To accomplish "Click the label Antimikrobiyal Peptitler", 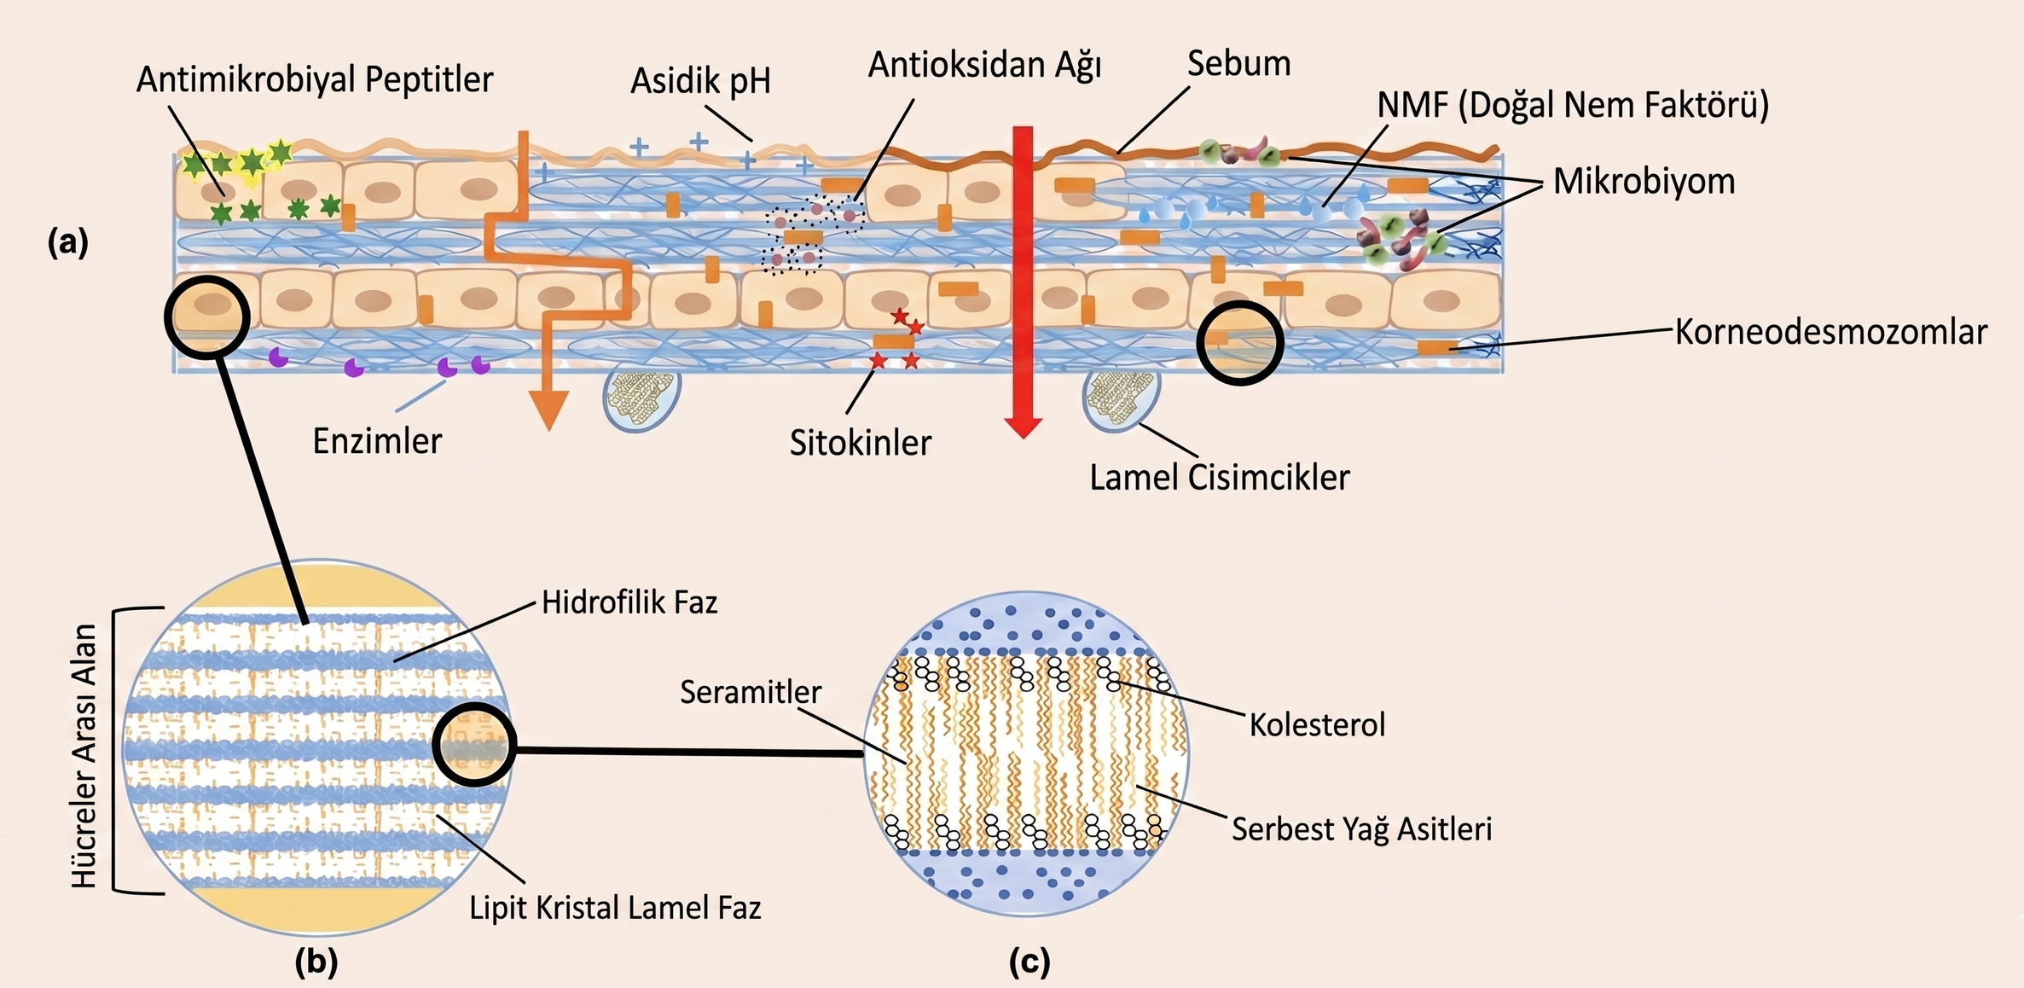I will pos(314,80).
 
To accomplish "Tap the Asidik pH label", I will pos(700,82).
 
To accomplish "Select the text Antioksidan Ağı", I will pos(984,66).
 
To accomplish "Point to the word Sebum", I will pos(1238,64).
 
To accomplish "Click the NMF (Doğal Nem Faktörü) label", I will pos(1573,105).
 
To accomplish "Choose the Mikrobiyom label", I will pos(1644,182).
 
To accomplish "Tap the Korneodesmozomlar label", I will pos(1830,333).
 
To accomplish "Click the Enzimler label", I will pos(377,442).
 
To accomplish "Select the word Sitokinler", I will pos(860,444).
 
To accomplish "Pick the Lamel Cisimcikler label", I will pos(1219,478).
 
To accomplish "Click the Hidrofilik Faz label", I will pos(629,603).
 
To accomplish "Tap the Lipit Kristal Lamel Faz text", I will pos(615,908).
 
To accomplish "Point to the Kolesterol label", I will pos(1317,725).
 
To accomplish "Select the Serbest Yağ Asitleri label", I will pos(1361,829).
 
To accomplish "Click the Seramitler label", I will pos(751,692).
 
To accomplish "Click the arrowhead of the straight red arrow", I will pos(1024,427).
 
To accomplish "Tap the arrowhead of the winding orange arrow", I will pos(549,410).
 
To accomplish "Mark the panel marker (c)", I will pos(1029,962).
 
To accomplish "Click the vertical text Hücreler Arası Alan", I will pos(84,757).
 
